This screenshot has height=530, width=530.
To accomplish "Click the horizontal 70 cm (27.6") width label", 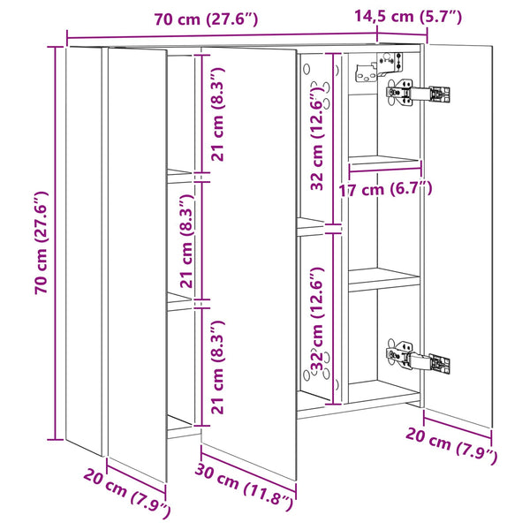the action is coord(206,19).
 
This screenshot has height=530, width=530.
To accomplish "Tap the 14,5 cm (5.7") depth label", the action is coord(408,16).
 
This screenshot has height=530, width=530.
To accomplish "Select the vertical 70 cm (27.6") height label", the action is coord(42,242).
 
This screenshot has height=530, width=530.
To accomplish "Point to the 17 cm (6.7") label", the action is coord(385,190).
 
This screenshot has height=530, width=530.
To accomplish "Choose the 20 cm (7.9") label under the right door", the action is coord(451,445).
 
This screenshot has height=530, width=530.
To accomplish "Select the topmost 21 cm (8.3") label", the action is coord(217,114).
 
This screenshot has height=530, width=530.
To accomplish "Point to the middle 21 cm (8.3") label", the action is coord(186,240).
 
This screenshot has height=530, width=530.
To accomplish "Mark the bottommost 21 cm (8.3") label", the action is coord(217,367).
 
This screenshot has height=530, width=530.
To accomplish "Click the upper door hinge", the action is coord(418,93).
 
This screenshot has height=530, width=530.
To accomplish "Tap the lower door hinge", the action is coord(418,359).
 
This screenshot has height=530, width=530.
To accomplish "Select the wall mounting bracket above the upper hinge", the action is coord(379,67).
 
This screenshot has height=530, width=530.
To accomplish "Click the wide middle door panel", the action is coord(249,263).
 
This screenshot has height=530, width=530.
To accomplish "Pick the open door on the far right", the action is coord(458,236).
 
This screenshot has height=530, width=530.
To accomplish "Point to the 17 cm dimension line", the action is coord(385,170).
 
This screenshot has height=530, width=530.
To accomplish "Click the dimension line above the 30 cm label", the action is coord(249,468).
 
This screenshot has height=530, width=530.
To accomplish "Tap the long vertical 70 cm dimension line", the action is coord(56,243).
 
